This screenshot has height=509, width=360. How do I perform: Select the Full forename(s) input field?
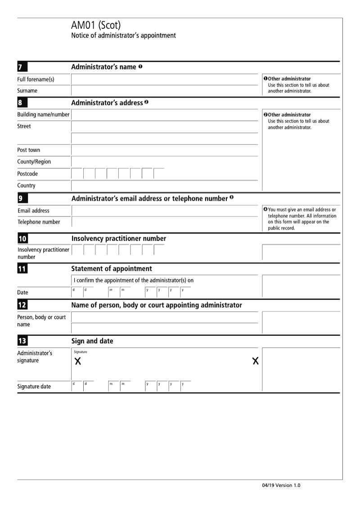pos(164,80)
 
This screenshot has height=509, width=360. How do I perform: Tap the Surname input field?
pos(164,90)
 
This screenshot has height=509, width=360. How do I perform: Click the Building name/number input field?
pos(164,115)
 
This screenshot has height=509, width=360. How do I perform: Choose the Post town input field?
pos(164,150)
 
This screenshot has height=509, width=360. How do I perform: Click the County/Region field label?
pos(34,162)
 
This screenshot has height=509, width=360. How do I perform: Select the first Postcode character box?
pos(77,174)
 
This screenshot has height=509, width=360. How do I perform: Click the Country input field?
pos(164,185)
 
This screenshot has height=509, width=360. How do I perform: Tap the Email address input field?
pos(164,211)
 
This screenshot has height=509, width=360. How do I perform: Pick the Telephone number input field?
pos(164,222)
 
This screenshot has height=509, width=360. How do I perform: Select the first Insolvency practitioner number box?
pos(77,251)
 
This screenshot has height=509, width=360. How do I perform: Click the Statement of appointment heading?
pos(112,269)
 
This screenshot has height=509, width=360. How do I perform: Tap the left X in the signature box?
pos(78,361)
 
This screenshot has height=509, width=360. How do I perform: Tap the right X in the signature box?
pos(256,361)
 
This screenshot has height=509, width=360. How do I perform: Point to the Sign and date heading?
pos(92,341)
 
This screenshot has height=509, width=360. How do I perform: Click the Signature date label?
pos(34,387)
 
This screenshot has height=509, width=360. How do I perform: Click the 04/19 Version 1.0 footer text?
pos(281,486)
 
